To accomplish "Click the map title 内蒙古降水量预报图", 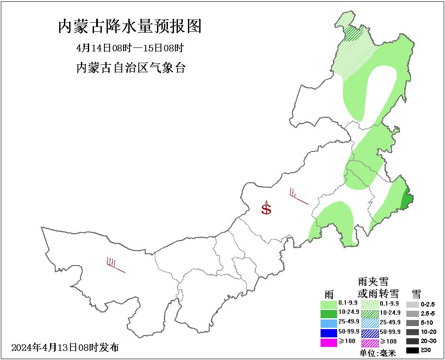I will point(130,27).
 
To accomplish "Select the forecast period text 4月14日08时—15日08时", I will point(130,48).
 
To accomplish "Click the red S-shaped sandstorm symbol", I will point(266,208).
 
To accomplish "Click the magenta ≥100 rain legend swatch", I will point(329,343).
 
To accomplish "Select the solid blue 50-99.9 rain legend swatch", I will point(329,333).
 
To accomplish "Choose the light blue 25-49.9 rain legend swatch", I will point(329,323).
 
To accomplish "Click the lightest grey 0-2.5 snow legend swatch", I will point(412,304).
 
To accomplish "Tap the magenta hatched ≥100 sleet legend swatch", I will point(370,343).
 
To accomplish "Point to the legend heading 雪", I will point(416,293).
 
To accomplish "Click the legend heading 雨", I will point(329,293).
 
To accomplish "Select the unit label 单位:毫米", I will point(378,353).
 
